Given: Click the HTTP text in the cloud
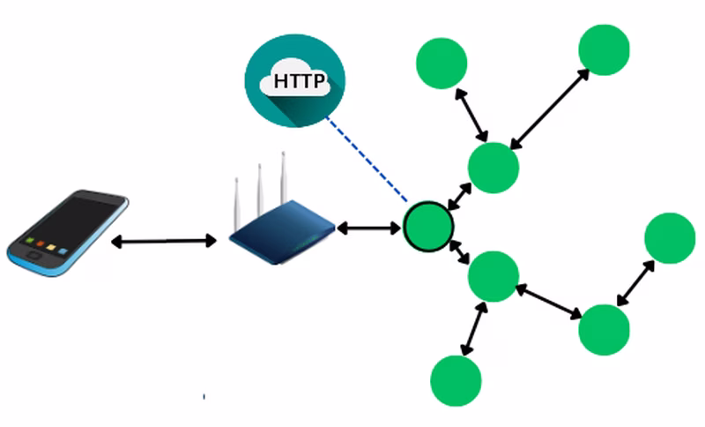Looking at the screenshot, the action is (299, 81).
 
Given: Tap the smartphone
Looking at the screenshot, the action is (68, 233).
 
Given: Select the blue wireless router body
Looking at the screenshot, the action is (282, 233).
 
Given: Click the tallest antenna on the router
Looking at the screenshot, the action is (283, 178).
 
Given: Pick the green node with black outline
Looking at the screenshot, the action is (428, 227).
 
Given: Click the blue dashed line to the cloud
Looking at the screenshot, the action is (367, 159).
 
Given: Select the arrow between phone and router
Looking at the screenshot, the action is (164, 241).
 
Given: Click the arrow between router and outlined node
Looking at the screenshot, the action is (368, 228).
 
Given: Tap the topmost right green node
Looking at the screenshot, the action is (604, 49).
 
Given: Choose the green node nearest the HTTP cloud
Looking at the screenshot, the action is (442, 63).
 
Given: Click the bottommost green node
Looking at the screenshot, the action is (456, 380).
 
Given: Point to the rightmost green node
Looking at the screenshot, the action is (670, 237).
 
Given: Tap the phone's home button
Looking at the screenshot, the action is (33, 256).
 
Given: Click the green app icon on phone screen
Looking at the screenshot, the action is (30, 241).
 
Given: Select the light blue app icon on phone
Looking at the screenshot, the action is (63, 251).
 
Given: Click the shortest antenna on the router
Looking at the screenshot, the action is (236, 204).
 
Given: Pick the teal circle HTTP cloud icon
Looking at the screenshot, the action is (295, 80).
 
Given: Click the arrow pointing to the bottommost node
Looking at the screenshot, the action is (474, 328).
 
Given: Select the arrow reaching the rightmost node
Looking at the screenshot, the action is (635, 283).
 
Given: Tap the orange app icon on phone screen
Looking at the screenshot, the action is (41, 243).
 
